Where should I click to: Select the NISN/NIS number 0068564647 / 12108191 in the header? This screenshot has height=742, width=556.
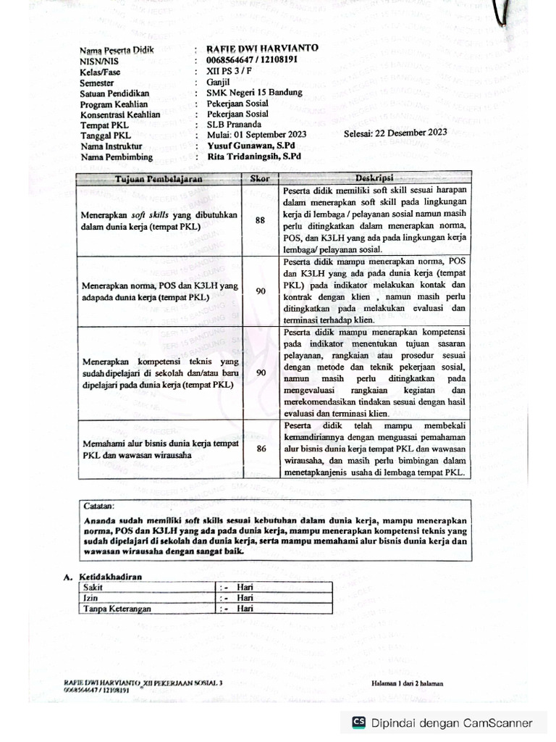[x=251, y=60]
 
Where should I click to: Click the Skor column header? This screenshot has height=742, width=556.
[x=260, y=178]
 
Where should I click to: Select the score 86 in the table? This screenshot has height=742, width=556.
[x=261, y=449]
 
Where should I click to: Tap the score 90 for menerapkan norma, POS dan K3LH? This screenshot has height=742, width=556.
[x=261, y=291]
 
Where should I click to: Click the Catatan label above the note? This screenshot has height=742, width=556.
[x=98, y=505]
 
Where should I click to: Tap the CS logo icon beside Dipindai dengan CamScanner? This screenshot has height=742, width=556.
[x=358, y=722]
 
